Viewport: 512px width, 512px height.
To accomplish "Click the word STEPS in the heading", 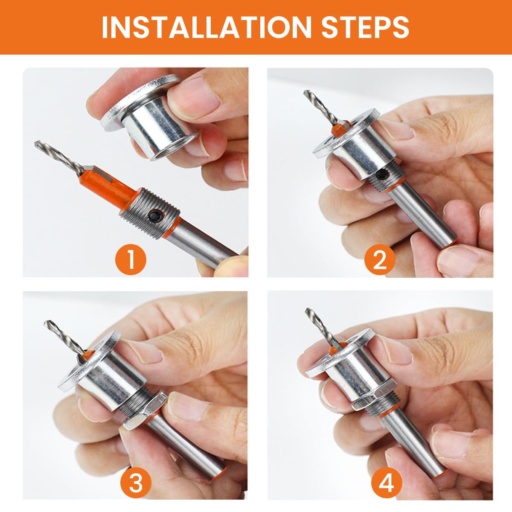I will (x=365, y=27).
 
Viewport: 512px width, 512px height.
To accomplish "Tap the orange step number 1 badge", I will (x=131, y=260).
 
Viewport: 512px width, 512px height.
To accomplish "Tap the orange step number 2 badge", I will (x=380, y=260).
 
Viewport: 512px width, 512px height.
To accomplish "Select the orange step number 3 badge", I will (x=136, y=483).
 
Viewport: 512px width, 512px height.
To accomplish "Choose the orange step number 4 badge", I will (x=387, y=483).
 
